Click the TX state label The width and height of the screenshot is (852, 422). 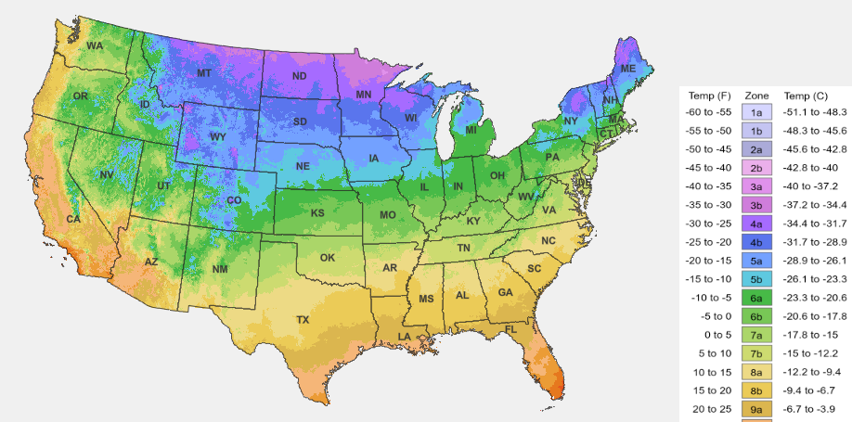click(303, 320)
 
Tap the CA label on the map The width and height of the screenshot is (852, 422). click(72, 220)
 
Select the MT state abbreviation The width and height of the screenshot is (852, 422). click(204, 73)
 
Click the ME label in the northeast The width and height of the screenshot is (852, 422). click(628, 70)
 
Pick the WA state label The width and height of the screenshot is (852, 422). click(95, 45)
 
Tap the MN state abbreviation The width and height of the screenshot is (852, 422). click(364, 95)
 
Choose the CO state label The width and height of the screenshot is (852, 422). click(234, 200)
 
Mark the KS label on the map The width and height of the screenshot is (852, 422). click(316, 213)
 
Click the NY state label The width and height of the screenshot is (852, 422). click(570, 121)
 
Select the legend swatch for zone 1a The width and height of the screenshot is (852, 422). click(756, 112)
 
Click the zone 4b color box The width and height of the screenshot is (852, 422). click(756, 242)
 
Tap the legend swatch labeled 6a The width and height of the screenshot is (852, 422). click(756, 298)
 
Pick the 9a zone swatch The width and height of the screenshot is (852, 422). click(756, 409)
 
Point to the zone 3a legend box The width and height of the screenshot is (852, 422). click(756, 186)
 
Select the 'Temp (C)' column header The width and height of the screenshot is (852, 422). click(807, 96)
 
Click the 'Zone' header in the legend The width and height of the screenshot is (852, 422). click(757, 96)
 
